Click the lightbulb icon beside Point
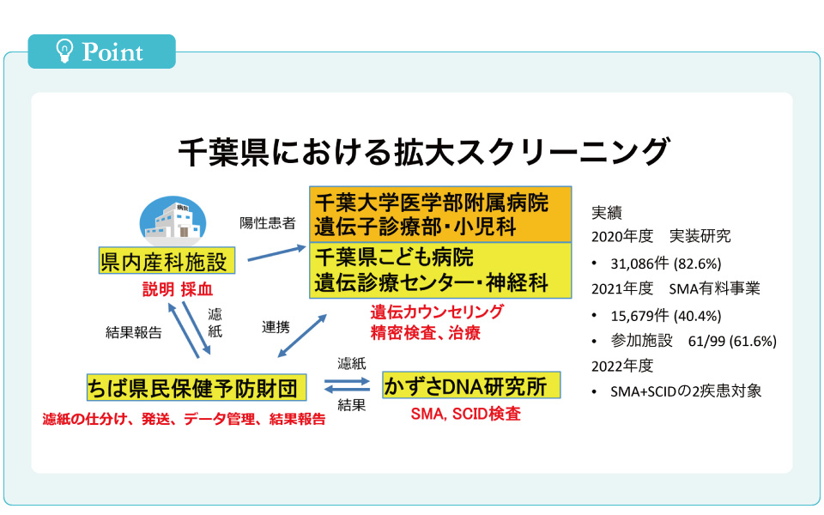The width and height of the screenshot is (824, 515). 64,51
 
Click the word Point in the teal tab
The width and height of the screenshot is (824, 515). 112,52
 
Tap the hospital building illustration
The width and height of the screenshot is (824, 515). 173,221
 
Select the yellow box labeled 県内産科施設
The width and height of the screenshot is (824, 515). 167,260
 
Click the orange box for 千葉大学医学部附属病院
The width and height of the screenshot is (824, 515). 440,215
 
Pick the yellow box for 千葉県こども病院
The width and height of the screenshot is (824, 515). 440,270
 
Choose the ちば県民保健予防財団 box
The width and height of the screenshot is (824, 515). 196,388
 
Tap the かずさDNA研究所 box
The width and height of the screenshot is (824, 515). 471,385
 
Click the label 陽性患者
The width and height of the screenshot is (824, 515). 268,223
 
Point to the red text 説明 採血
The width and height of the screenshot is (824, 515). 178,289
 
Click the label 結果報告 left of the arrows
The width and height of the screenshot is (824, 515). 134,333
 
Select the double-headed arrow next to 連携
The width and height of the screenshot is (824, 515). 302,336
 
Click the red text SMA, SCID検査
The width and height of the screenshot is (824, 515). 465,414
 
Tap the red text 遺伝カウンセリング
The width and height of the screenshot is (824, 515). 437,312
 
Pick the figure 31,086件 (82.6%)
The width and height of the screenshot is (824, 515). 666,264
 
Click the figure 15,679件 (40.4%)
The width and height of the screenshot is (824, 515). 666,316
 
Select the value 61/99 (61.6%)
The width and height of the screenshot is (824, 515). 732,342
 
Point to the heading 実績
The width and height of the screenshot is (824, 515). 607,213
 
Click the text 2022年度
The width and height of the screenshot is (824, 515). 622,366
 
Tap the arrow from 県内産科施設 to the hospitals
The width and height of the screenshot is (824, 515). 276,252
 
